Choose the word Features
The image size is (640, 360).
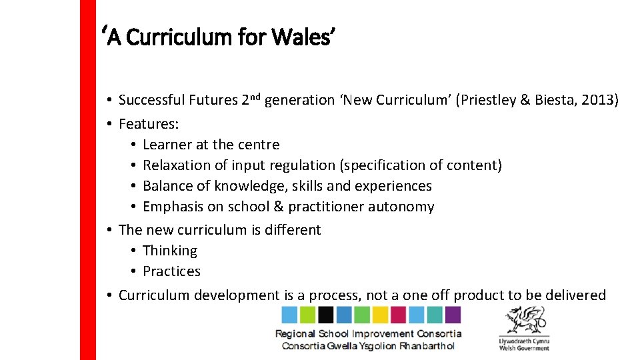pos(147,123)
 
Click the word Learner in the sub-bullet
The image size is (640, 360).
pos(167,145)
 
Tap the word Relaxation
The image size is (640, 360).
pos(175,165)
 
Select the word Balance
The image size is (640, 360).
pos(167,186)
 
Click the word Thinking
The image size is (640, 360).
pos(170,251)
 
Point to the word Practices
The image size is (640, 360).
pos(171,271)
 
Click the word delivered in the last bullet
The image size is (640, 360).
pos(574,295)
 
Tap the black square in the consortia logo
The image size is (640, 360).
pos(326,315)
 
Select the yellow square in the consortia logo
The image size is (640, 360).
pos(381,315)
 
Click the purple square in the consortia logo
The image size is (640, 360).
pos(453,315)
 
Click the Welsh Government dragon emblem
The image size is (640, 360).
pos(524,321)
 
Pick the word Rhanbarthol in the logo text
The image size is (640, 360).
pos(427,346)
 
